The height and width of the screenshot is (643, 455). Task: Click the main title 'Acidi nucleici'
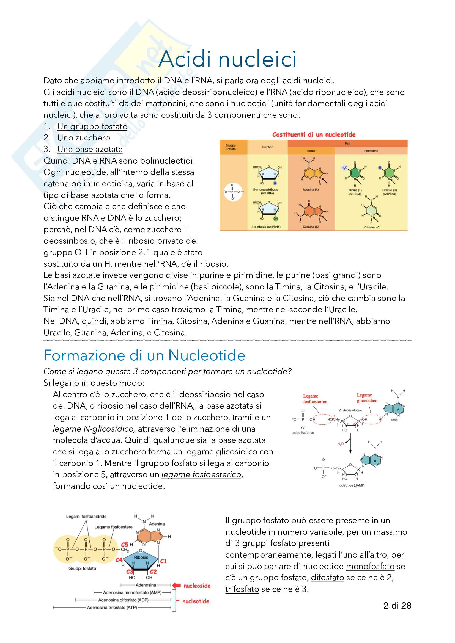[227, 59]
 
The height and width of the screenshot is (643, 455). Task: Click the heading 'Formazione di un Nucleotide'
[144, 355]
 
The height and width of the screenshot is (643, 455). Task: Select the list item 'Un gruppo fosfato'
[92, 126]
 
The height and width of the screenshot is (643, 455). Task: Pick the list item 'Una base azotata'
[90, 150]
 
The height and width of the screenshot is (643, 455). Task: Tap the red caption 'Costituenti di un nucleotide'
[314, 135]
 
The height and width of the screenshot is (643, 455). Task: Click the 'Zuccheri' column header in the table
[267, 147]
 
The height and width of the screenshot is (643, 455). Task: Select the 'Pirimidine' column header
[371, 151]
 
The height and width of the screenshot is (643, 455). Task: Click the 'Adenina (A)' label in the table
[310, 190]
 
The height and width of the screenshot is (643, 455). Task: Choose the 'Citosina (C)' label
[372, 227]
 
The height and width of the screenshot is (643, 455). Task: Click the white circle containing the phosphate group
[233, 192]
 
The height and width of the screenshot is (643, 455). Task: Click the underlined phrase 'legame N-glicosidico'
[94, 429]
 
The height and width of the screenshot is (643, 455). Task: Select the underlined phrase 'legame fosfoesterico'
[201, 475]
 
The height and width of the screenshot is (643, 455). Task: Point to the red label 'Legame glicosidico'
[367, 398]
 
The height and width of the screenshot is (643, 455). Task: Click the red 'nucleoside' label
[197, 586]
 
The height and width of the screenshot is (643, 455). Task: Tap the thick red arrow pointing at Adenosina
[176, 585]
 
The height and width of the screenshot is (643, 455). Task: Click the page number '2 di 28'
[397, 606]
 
